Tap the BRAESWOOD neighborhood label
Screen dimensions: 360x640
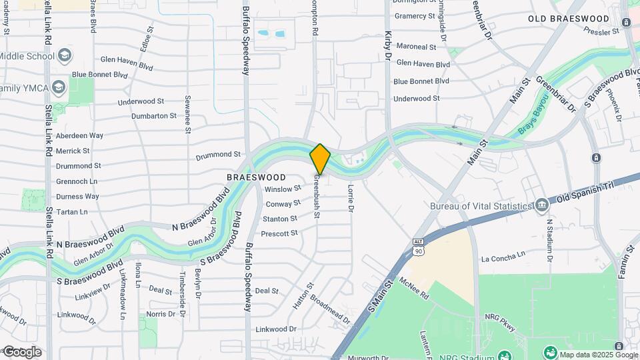pos(256,178)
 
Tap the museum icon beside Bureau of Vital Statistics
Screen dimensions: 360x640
pos(541,205)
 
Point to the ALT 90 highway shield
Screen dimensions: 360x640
pos(418,247)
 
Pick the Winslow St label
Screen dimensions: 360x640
pos(283,189)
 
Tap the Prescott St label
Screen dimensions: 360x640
pos(279,233)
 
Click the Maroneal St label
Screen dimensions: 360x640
pos(416,47)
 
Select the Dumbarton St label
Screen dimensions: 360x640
pos(154,115)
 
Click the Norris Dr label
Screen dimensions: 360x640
pos(161,313)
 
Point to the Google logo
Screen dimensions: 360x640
pos(22,352)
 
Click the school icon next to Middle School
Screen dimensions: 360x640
pos(65,55)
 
